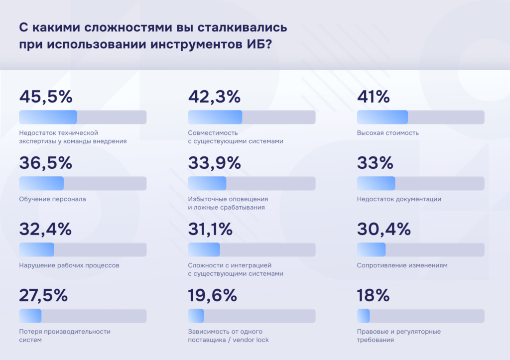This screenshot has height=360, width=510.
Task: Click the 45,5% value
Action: tap(46, 97)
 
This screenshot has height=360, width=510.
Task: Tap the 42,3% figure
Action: tap(214, 97)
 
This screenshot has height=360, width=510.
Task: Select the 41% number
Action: tap(374, 97)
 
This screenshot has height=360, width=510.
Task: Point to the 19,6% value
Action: tap(213, 296)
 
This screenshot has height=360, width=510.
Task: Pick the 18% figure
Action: tap(374, 296)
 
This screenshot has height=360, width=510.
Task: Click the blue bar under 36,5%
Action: tap(41, 183)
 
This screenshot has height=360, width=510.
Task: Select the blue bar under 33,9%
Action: tap(207, 183)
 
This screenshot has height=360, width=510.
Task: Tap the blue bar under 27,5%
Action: tap(30, 316)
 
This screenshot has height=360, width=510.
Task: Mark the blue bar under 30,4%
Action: tap(372, 249)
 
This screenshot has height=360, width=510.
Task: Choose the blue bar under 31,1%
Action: tap(204, 249)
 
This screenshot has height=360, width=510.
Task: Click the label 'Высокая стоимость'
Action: tap(388, 133)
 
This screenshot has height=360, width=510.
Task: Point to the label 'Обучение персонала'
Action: tap(52, 199)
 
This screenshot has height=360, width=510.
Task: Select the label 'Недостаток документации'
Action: tap(399, 199)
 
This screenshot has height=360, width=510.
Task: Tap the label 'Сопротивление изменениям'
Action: tap(402, 265)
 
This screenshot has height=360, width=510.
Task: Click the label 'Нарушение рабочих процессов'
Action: tap(69, 265)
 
